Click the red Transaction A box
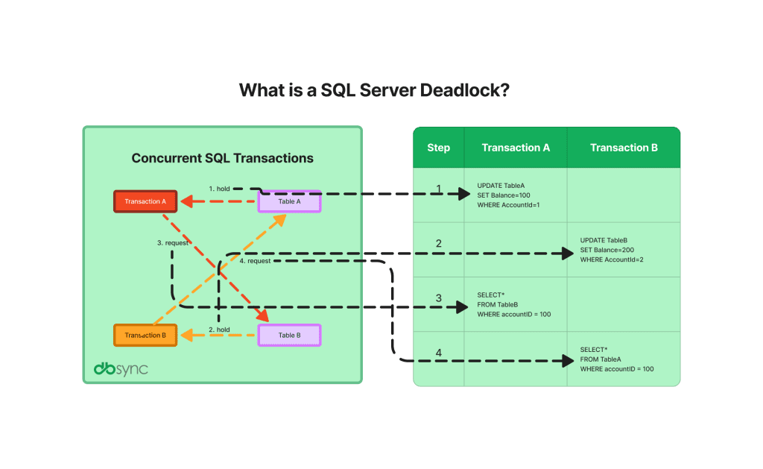(145, 201)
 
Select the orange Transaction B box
(145, 336)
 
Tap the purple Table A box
(289, 201)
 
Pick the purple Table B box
(289, 336)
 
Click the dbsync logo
(120, 368)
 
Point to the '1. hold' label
(219, 188)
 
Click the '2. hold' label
(219, 329)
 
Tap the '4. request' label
(255, 261)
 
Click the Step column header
(438, 148)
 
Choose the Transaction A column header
(516, 148)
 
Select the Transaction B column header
(624, 148)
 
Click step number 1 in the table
(438, 189)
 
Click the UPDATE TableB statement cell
(611, 250)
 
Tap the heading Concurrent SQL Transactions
(222, 158)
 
